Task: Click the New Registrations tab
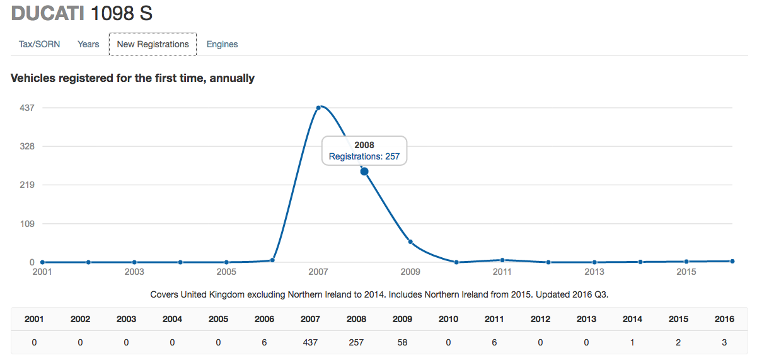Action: pos(153,44)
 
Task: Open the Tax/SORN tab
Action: pos(40,44)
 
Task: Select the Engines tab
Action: pos(222,44)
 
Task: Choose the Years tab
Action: pos(88,44)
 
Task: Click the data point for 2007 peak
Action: pos(318,108)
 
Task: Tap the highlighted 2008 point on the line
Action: pos(364,171)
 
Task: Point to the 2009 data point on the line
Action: pos(410,242)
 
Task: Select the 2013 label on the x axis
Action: pos(594,272)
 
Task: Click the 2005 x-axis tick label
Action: pos(226,272)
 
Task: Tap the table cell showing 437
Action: pos(310,342)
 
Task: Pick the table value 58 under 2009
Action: pos(402,342)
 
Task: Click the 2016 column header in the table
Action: pos(724,319)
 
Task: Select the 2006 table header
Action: pos(264,319)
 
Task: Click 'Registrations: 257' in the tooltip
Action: pos(364,156)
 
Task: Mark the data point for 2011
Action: pos(502,260)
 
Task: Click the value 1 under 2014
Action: pos(632,342)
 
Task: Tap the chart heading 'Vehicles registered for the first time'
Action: pos(132,78)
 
